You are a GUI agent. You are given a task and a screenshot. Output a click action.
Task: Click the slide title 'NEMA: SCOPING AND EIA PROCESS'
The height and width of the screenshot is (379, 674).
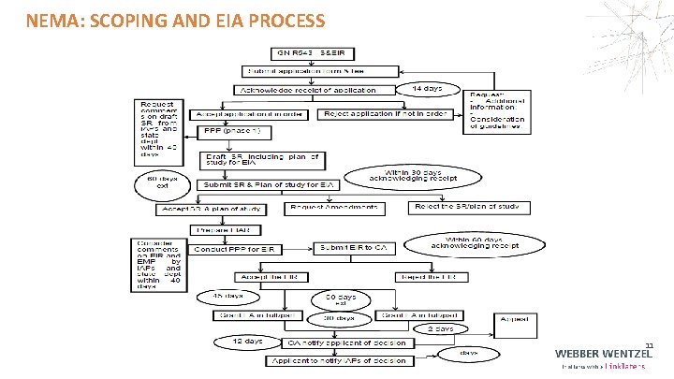[176, 20]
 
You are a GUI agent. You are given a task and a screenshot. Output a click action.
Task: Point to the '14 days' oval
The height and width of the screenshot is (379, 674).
[431, 88]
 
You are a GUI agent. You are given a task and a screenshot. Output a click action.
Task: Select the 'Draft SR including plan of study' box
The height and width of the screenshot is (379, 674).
[262, 158]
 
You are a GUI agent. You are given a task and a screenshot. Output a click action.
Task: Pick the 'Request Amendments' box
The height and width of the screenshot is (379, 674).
[334, 207]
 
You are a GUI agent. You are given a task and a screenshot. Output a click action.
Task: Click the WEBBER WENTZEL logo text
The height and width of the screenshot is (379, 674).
[604, 354]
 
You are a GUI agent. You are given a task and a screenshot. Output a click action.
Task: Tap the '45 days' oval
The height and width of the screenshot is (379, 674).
[222, 296]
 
